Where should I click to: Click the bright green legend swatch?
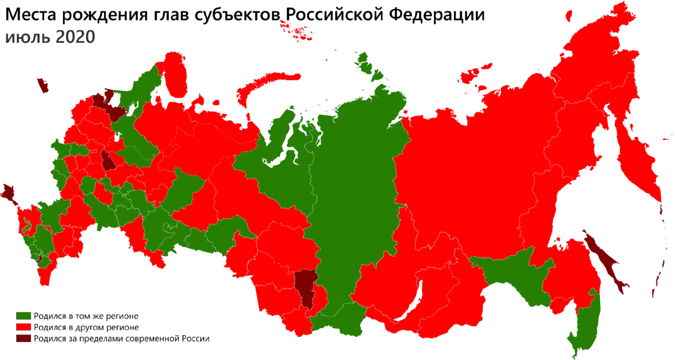click(x=24, y=316)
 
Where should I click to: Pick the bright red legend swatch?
click(x=24, y=327)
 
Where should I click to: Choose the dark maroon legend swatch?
click(x=24, y=339)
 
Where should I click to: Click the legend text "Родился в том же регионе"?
click(x=86, y=316)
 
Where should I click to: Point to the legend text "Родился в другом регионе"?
click(x=86, y=327)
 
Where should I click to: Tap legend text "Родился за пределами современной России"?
click(x=121, y=339)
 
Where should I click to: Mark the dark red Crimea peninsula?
click(x=8, y=192)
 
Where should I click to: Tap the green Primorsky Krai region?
click(x=585, y=326)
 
